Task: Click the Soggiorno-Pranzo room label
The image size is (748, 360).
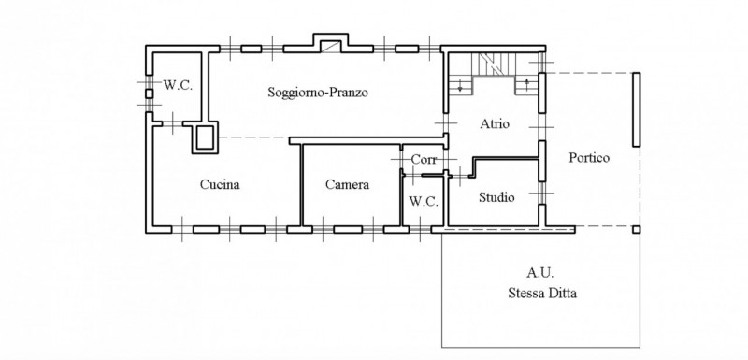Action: pos(318,92)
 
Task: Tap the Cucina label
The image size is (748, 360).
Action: pos(220,184)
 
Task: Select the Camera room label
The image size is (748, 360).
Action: pos(347,184)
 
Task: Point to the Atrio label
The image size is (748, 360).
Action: pos(495,124)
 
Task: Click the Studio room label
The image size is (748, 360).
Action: pos(496,197)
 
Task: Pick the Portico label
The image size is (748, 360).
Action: pos(589,157)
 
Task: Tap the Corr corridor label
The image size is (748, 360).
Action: pos(424,160)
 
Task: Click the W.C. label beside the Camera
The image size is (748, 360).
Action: pos(424,202)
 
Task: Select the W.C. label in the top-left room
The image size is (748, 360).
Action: pos(178,85)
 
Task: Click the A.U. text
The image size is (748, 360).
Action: pos(540,273)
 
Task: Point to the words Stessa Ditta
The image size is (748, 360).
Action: pos(542,293)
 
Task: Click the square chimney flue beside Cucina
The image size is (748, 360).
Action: pos(205,137)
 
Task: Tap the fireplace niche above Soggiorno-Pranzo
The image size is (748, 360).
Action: pos(331,43)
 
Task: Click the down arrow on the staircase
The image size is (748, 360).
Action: pos(460,88)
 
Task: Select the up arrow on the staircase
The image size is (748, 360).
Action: pos(526,84)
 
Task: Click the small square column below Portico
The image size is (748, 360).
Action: pos(637,230)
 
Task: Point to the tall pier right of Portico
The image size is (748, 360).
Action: pos(637,109)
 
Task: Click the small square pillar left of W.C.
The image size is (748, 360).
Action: pos(150,94)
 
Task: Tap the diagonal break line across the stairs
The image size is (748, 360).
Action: pos(490,65)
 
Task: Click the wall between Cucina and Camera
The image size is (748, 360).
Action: pos(301,185)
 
